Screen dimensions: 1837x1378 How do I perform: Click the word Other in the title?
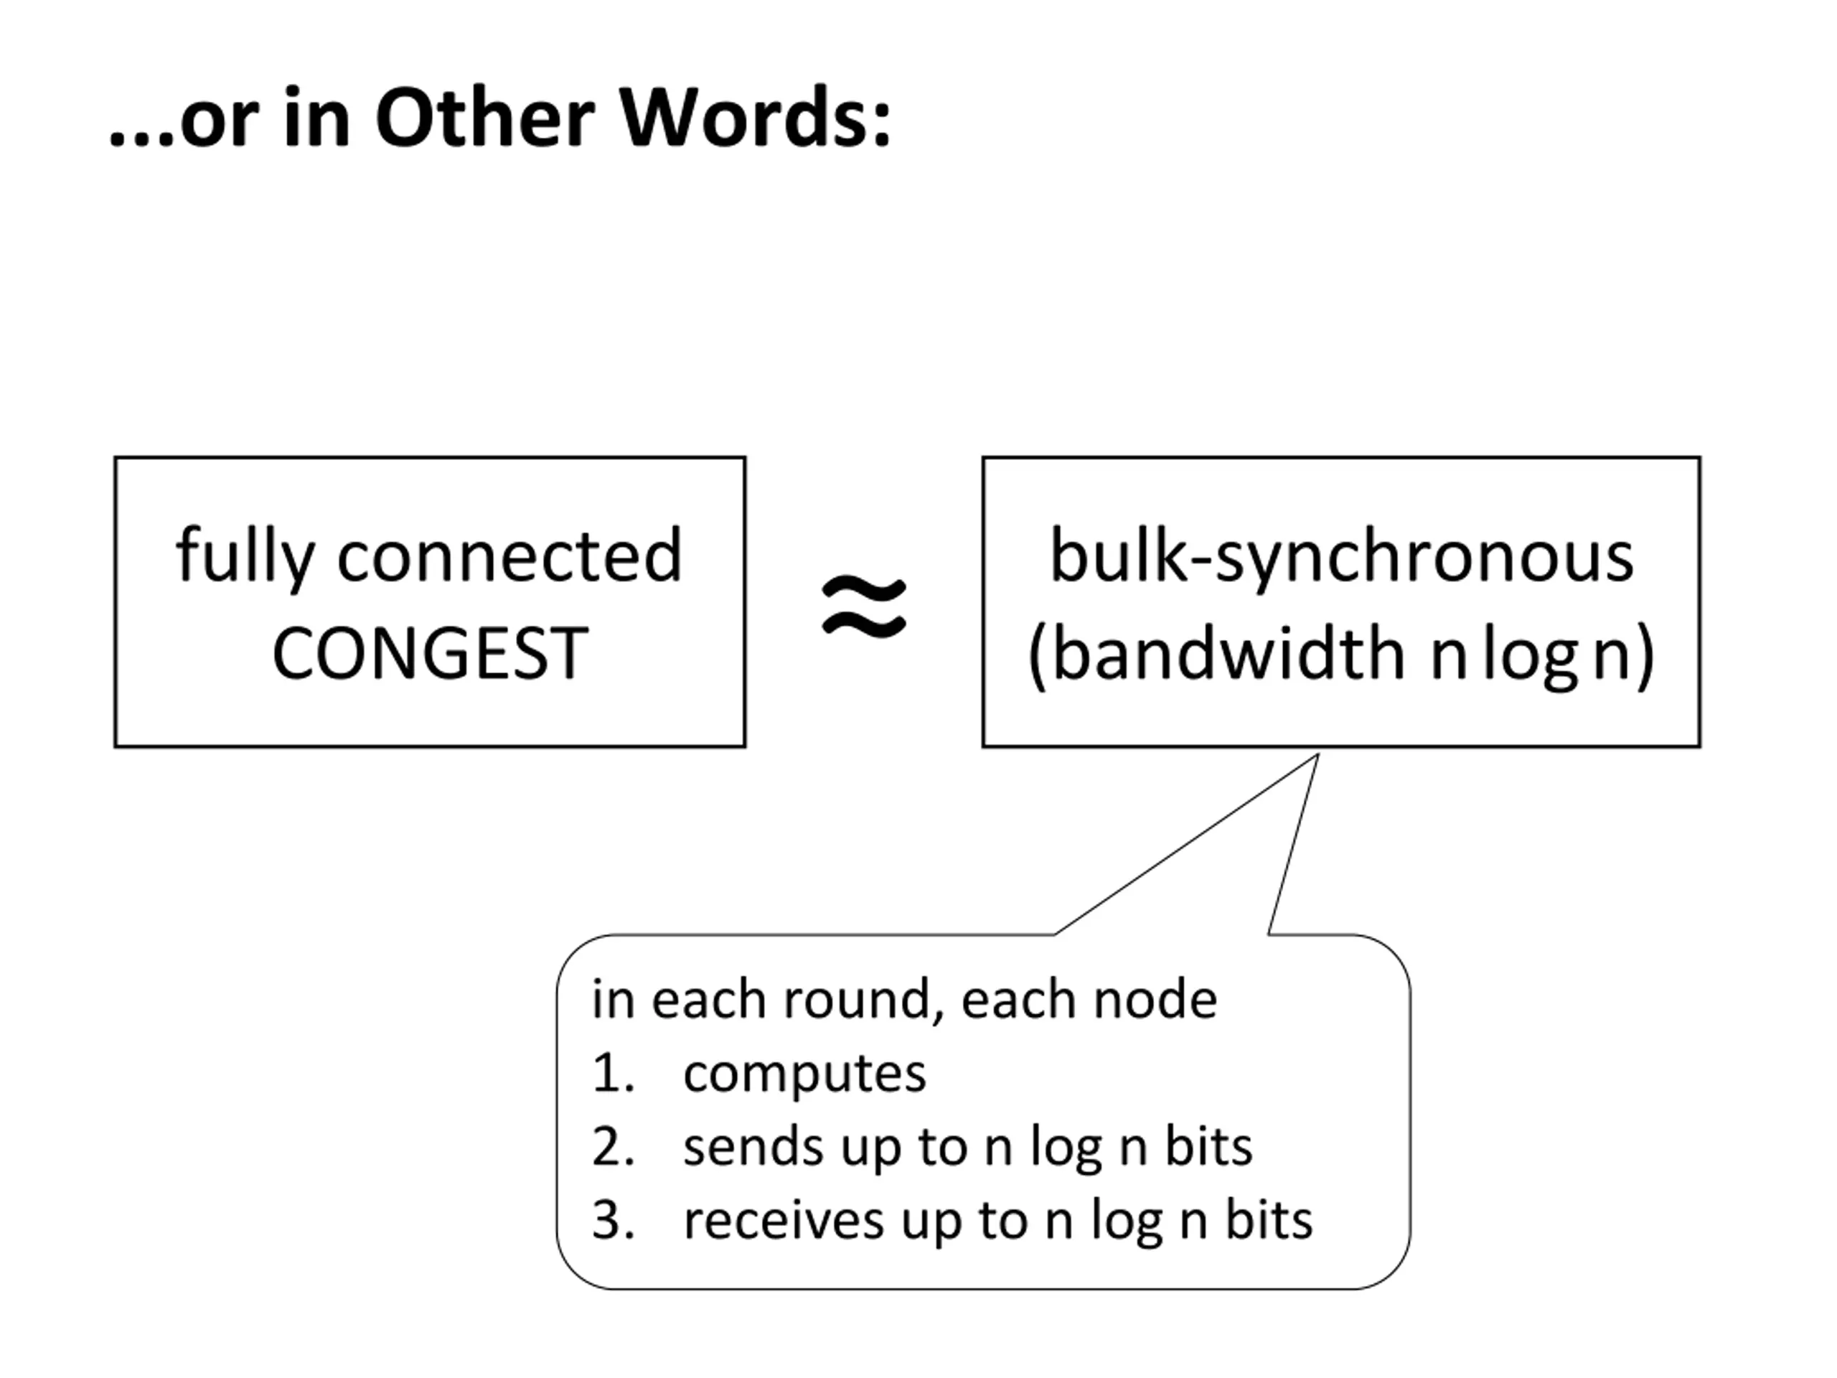coord(486,118)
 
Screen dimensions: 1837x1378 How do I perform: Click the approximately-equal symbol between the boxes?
coord(864,607)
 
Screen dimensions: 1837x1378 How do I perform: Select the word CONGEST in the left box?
coord(430,654)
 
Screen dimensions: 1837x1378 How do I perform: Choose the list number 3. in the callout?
coord(614,1220)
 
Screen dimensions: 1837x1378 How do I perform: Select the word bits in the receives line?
coord(1269,1220)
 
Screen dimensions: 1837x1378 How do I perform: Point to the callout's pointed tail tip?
coord(1318,755)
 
